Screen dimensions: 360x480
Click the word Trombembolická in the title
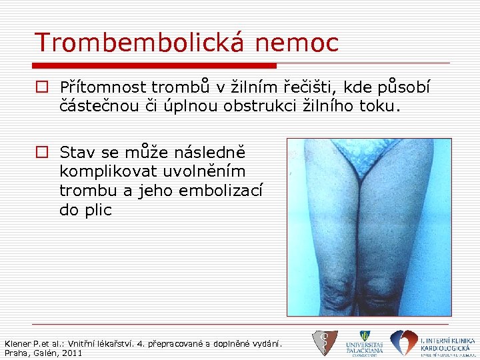(x=139, y=43)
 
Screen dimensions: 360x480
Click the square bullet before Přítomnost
(x=42, y=87)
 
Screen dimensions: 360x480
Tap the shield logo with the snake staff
(x=325, y=343)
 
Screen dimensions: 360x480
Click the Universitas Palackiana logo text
(x=364, y=347)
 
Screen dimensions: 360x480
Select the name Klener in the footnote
(x=18, y=343)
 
